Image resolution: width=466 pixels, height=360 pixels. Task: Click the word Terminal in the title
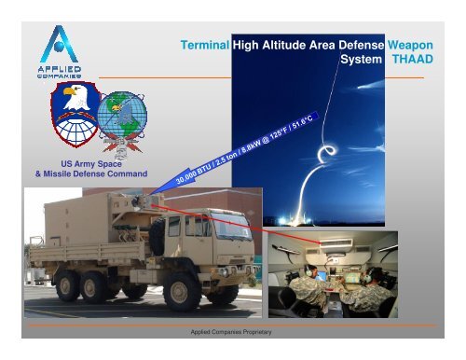(x=206, y=44)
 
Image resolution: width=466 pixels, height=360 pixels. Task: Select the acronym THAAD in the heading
(x=414, y=59)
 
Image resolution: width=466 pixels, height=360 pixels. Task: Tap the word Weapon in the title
(x=413, y=44)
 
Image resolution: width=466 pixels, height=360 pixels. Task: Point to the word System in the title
(x=361, y=59)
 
